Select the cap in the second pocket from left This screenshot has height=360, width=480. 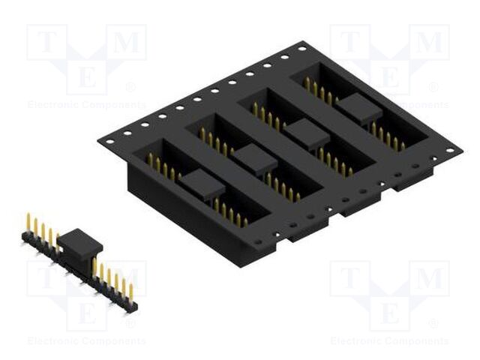tap(256, 158)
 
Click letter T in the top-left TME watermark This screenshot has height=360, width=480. tap(46, 43)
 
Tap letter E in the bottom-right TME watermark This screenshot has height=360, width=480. tap(389, 309)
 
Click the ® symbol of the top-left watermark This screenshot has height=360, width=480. tap(130, 87)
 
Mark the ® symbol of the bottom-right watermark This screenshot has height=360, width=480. tap(433, 324)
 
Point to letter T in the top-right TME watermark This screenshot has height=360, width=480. tap(349, 43)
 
